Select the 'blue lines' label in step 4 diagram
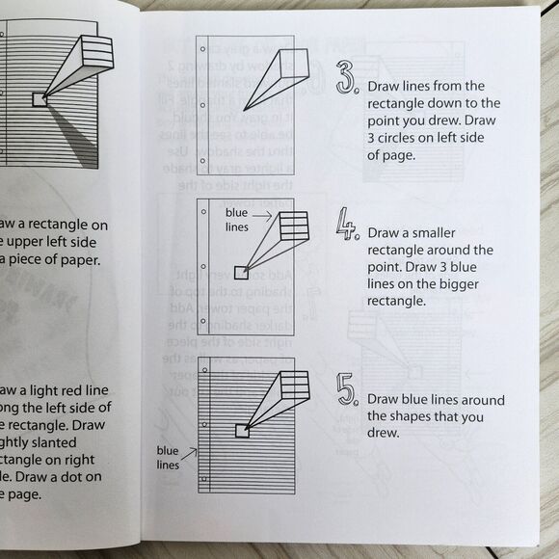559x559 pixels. pos(238,219)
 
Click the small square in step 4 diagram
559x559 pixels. pos(241,271)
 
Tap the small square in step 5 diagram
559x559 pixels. pos(241,427)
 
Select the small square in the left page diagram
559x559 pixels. pos(39,99)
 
